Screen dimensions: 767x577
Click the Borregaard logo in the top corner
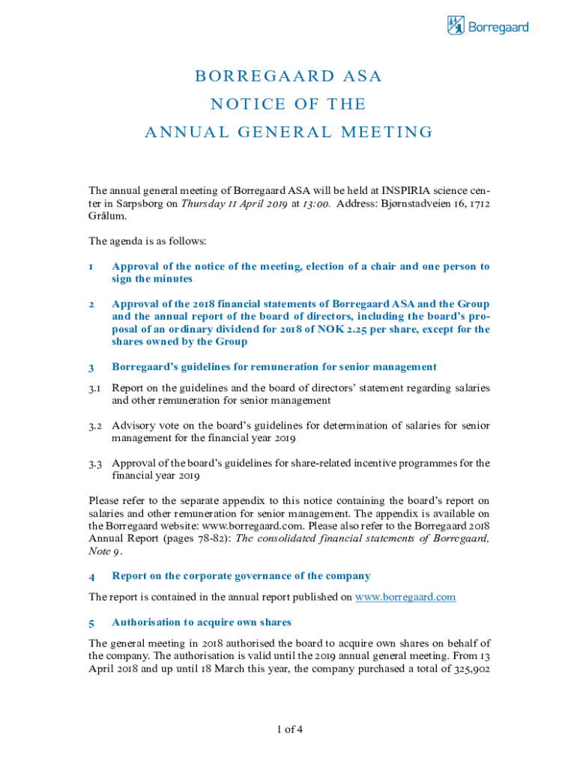pos(487,27)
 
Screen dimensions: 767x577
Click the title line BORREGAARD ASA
pos(288,76)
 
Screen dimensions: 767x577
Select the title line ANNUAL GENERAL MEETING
pos(288,133)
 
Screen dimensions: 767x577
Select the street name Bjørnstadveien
pos(417,204)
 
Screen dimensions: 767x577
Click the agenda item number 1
pos(91,267)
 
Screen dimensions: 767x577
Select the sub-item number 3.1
pos(95,388)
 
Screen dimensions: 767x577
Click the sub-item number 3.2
pos(95,425)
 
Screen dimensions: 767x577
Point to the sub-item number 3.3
pos(95,463)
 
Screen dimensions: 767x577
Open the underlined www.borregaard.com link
pos(405,597)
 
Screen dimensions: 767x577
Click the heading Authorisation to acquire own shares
pos(201,622)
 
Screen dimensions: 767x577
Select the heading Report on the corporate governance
pos(241,576)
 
